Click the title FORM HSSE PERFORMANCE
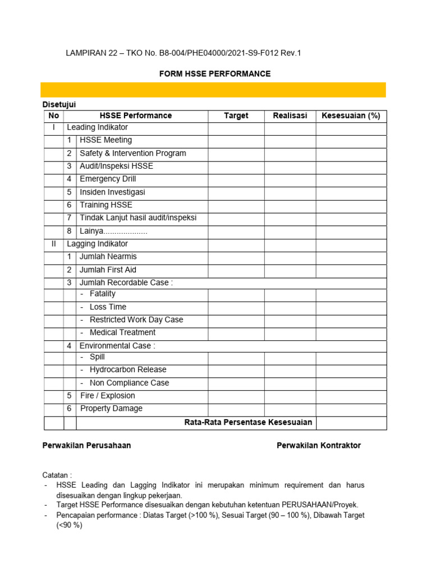pyautogui.click(x=215, y=73)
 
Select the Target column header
pyautogui.click(x=236, y=116)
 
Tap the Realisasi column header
pyautogui.click(x=290, y=116)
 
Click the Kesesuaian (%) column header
pyautogui.click(x=351, y=116)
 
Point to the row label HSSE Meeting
pyautogui.click(x=106, y=140)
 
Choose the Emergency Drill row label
pyautogui.click(x=108, y=179)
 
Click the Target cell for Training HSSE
pyautogui.click(x=236, y=205)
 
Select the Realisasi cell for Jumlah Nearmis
pyautogui.click(x=290, y=257)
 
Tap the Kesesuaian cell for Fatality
pyautogui.click(x=351, y=294)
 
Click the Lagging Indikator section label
pyautogui.click(x=97, y=244)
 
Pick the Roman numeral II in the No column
pyautogui.click(x=53, y=244)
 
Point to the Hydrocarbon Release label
pyautogui.click(x=128, y=370)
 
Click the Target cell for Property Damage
pyautogui.click(x=236, y=409)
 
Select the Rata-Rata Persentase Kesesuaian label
pyautogui.click(x=248, y=422)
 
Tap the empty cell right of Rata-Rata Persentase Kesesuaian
pyautogui.click(x=351, y=423)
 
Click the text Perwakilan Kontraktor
pyautogui.click(x=318, y=446)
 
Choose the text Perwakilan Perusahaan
pyautogui.click(x=87, y=446)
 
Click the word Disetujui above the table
pyautogui.click(x=59, y=104)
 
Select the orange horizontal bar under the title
pyautogui.click(x=213, y=90)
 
